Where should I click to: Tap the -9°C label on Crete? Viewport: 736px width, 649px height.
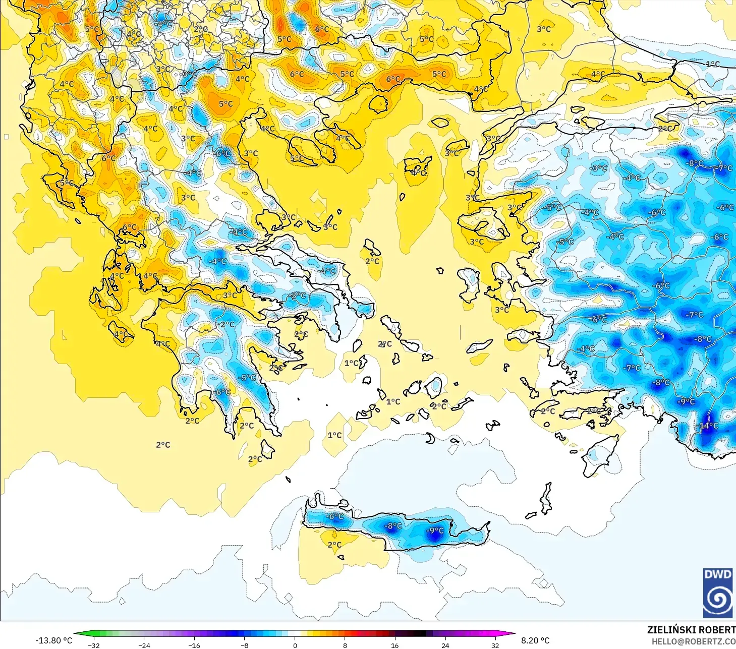pyautogui.click(x=435, y=530)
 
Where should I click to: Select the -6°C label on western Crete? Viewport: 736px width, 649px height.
pyautogui.click(x=334, y=516)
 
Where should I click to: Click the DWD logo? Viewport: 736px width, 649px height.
pyautogui.click(x=717, y=593)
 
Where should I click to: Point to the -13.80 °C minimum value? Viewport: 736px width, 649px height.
pyautogui.click(x=53, y=640)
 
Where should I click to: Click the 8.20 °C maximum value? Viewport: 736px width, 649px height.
pyautogui.click(x=535, y=640)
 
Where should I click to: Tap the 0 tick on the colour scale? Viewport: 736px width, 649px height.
pyautogui.click(x=295, y=645)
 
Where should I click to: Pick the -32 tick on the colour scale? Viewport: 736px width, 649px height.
pyautogui.click(x=94, y=645)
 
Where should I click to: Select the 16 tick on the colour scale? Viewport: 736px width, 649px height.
pyautogui.click(x=394, y=645)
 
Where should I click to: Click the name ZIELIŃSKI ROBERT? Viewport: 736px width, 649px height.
pyautogui.click(x=691, y=630)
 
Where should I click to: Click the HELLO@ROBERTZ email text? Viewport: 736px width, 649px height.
pyautogui.click(x=693, y=641)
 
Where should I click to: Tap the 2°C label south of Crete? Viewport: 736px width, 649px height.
pyautogui.click(x=334, y=545)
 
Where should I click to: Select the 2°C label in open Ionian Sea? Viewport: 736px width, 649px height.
pyautogui.click(x=163, y=445)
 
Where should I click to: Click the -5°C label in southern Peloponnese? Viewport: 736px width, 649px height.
pyautogui.click(x=247, y=378)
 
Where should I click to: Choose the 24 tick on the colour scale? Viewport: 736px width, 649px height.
pyautogui.click(x=445, y=645)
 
